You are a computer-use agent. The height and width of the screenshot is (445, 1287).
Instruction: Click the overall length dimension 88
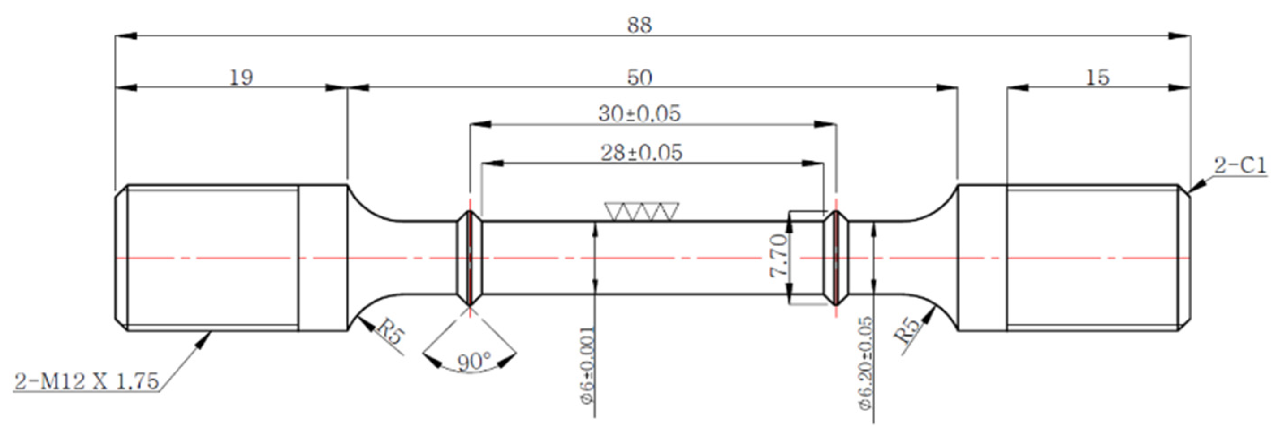pyautogui.click(x=639, y=25)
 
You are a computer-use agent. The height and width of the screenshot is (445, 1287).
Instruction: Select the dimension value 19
pyautogui.click(x=241, y=78)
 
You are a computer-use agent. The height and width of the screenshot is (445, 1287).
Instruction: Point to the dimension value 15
pyautogui.click(x=1097, y=78)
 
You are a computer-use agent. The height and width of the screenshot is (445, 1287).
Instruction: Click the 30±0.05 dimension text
pyautogui.click(x=639, y=114)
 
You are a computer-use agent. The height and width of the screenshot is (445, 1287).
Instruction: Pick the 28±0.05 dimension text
pyautogui.click(x=641, y=153)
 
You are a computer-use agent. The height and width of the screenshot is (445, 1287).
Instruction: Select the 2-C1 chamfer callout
pyautogui.click(x=1240, y=166)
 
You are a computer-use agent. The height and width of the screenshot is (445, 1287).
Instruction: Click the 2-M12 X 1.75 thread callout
pyautogui.click(x=86, y=381)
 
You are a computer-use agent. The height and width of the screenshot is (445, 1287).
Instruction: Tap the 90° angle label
pyautogui.click(x=474, y=362)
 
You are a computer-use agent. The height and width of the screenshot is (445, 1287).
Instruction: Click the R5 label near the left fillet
pyautogui.click(x=388, y=332)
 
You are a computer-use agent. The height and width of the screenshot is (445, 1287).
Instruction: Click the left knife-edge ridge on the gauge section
pyautogui.click(x=470, y=258)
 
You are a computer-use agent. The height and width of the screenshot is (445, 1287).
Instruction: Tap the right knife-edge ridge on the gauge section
pyautogui.click(x=836, y=258)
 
